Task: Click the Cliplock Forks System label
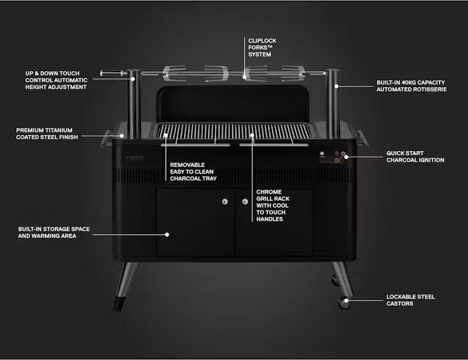click(x=262, y=48)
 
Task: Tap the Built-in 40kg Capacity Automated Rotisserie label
click(x=411, y=86)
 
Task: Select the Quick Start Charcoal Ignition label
click(x=415, y=157)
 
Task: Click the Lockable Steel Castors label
click(x=411, y=300)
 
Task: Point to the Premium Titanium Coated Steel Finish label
click(x=47, y=134)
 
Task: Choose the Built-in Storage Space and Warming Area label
click(x=54, y=232)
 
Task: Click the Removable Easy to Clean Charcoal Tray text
click(x=193, y=172)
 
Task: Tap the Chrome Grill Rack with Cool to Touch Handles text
click(x=272, y=205)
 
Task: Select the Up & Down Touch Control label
click(x=56, y=80)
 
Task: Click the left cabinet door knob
click(x=225, y=202)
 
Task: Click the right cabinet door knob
click(x=245, y=202)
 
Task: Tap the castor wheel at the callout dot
click(x=345, y=302)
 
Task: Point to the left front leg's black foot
click(x=118, y=303)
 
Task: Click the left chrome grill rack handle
click(x=196, y=145)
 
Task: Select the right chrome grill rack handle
click(x=274, y=145)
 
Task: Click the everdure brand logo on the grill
click(x=135, y=157)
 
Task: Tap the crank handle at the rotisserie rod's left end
click(x=111, y=73)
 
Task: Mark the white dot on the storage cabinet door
click(x=167, y=235)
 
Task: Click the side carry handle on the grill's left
click(x=106, y=139)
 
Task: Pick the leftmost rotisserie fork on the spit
click(x=174, y=73)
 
